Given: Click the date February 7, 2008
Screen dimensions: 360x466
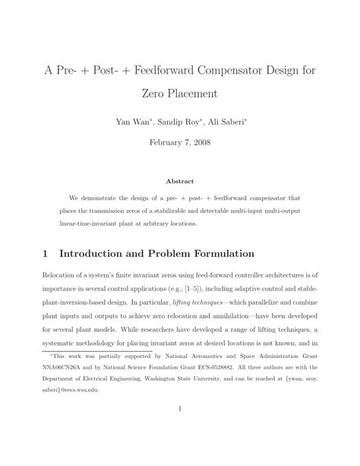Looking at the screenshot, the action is (179, 142).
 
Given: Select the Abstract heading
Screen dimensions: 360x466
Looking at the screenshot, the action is (180, 181).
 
